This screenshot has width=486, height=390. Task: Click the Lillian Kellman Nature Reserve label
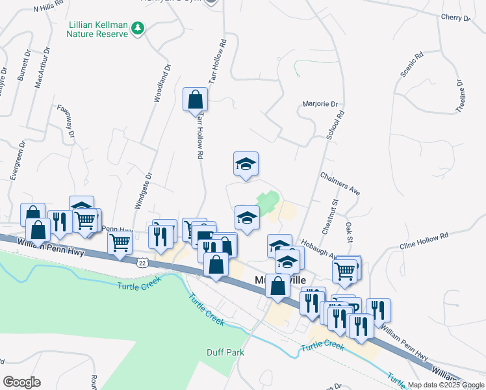click(97, 29)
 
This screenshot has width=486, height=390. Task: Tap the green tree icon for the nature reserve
click(137, 29)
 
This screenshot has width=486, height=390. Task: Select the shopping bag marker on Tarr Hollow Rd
click(196, 101)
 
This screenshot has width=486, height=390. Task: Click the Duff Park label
click(207, 352)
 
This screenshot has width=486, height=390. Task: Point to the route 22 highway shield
click(142, 263)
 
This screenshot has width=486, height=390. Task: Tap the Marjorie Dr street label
click(321, 104)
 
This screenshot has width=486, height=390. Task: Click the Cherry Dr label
click(454, 18)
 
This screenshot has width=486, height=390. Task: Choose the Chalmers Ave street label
click(340, 183)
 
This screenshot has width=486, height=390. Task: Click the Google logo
click(22, 382)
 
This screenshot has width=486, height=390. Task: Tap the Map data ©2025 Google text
click(445, 385)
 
